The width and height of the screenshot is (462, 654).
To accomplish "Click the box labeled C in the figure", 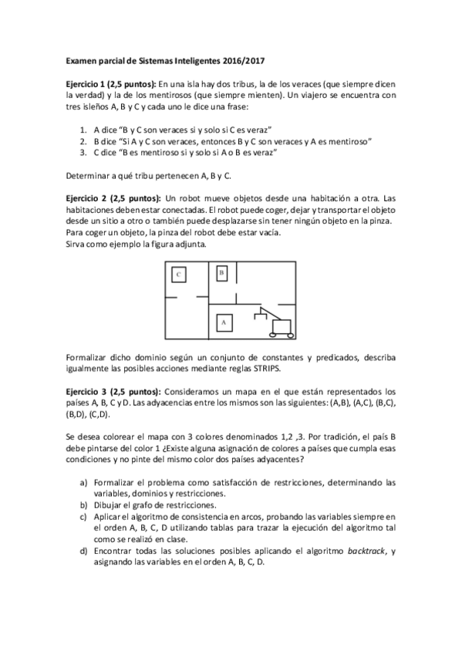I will (178, 275).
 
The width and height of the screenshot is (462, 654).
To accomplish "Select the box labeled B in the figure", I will (221, 273).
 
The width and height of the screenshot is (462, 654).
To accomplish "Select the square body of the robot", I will (281, 323).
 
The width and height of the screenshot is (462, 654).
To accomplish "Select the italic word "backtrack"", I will (363, 551).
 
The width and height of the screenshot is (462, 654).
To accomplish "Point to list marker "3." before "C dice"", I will (84, 153).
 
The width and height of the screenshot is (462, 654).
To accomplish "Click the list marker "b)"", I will (83, 505).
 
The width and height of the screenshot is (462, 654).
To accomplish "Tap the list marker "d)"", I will (83, 551).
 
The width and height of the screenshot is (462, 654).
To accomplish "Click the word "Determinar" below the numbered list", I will (86, 176).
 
